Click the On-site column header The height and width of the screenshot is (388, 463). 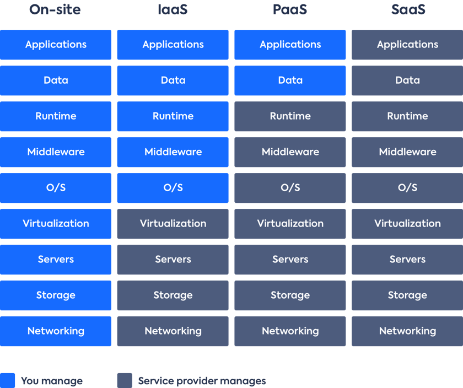pyautogui.click(x=55, y=9)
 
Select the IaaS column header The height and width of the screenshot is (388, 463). pyautogui.click(x=173, y=9)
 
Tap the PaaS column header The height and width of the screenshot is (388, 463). pyautogui.click(x=290, y=9)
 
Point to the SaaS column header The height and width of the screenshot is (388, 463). pyautogui.click(x=408, y=9)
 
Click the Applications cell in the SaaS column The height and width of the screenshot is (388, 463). pyautogui.click(x=407, y=45)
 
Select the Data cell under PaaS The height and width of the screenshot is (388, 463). pyautogui.click(x=290, y=80)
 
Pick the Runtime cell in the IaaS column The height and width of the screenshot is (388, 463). pyautogui.click(x=173, y=116)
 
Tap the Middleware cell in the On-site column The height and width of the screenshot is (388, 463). pyautogui.click(x=56, y=152)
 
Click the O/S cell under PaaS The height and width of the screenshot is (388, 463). pyautogui.click(x=290, y=188)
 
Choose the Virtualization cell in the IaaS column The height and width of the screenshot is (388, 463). pyautogui.click(x=173, y=224)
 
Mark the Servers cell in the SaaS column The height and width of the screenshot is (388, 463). pyautogui.click(x=407, y=260)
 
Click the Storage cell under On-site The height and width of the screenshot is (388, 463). pyautogui.click(x=56, y=295)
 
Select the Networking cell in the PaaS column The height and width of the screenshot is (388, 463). pyautogui.click(x=290, y=331)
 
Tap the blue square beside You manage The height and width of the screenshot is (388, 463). pyautogui.click(x=7, y=380)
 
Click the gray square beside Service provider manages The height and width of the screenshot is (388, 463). pyautogui.click(x=125, y=380)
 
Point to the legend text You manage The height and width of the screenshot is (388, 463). pyautogui.click(x=52, y=381)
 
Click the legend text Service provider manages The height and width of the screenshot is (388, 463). pyautogui.click(x=202, y=381)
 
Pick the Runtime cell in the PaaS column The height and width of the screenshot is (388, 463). pyautogui.click(x=290, y=116)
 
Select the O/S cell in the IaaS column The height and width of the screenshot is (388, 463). pyautogui.click(x=173, y=188)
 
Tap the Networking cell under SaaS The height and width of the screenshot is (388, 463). pyautogui.click(x=407, y=331)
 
